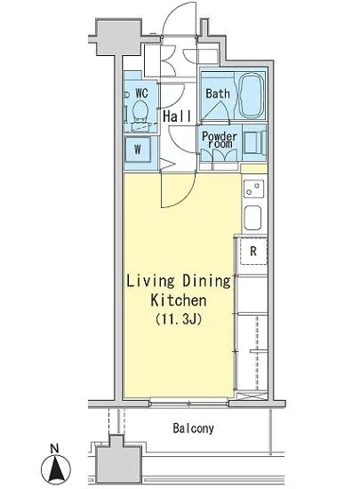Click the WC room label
(x=142, y=93)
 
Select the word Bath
(x=218, y=93)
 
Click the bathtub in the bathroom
(x=251, y=95)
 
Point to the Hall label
(x=177, y=116)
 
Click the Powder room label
(x=220, y=140)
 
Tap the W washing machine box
(x=138, y=149)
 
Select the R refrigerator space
(x=254, y=251)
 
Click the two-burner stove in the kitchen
(x=253, y=189)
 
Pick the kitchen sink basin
(x=252, y=218)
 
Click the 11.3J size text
(x=179, y=319)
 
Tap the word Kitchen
(x=179, y=300)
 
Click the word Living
(x=150, y=281)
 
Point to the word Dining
(x=206, y=281)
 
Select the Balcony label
(x=194, y=429)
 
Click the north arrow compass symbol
(x=56, y=469)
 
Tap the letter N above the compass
(x=54, y=449)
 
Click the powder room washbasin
(x=254, y=142)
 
